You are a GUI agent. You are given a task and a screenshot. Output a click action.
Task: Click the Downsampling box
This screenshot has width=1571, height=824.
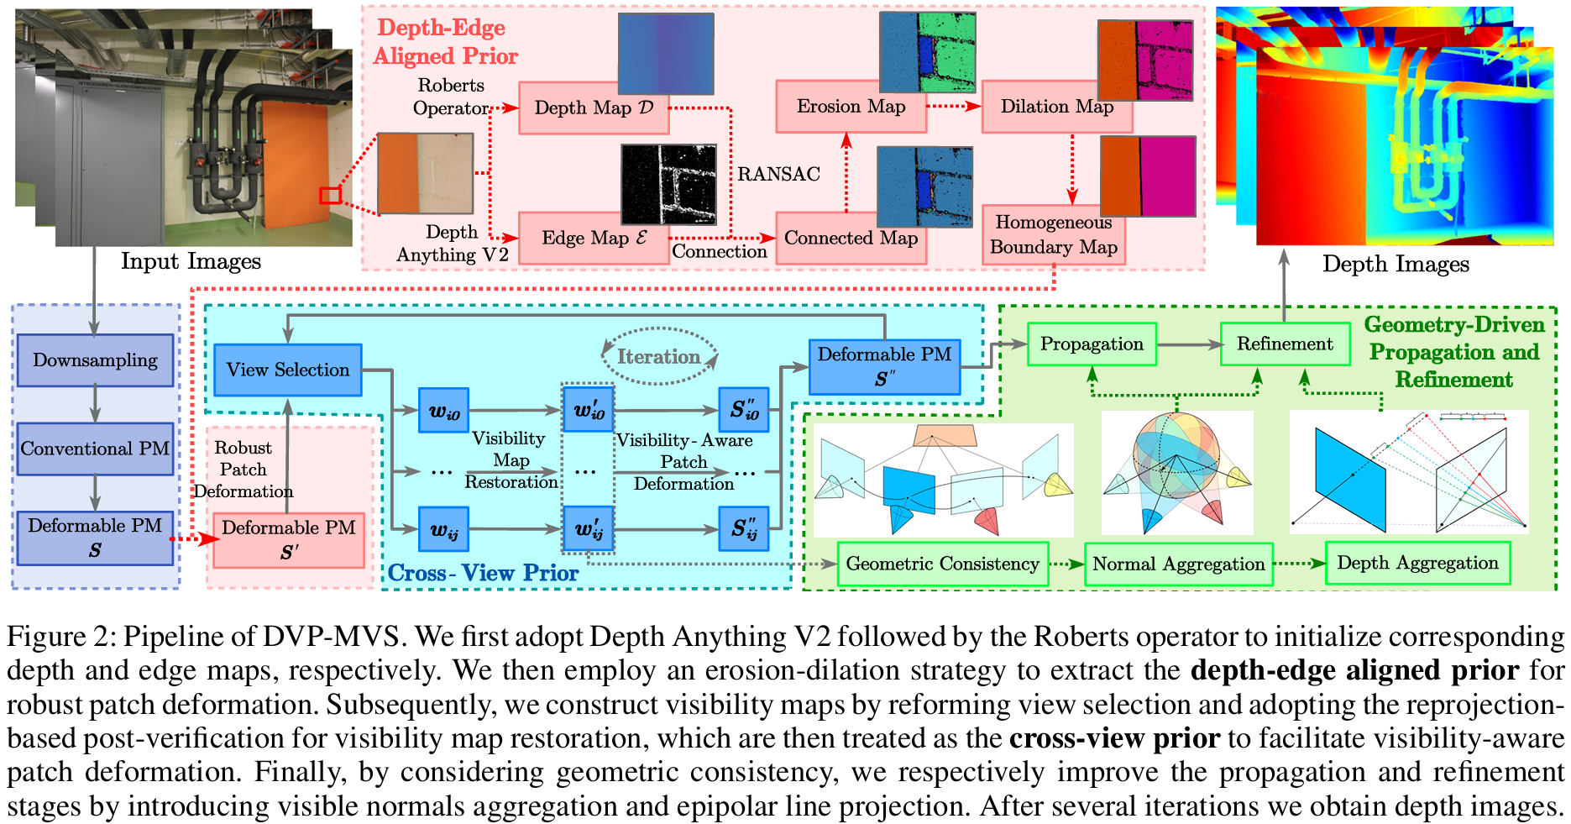[95, 360]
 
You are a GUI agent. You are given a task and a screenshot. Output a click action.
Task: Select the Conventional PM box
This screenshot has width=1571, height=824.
[95, 449]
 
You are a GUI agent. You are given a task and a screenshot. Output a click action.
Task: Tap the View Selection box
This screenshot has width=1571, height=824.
[287, 370]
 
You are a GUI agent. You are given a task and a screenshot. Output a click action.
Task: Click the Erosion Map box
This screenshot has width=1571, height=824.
[850, 107]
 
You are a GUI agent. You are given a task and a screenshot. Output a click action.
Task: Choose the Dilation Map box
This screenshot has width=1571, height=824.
[1056, 108]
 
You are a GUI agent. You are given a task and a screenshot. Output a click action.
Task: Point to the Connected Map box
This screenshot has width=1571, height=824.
[850, 239]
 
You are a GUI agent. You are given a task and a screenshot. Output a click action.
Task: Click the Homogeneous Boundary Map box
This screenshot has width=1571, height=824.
[1053, 235]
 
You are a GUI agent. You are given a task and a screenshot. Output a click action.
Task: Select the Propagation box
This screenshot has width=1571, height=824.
[1092, 344]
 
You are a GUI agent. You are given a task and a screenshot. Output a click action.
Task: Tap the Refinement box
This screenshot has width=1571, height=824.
[1285, 344]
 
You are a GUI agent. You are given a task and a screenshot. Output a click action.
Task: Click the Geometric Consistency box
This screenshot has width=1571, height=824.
[942, 564]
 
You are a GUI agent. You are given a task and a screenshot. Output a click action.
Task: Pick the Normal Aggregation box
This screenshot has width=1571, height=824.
[1178, 564]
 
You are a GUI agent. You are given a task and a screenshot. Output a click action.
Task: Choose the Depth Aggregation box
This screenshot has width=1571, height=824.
[1417, 563]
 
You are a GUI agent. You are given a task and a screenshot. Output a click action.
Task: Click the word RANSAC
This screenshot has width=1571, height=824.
[778, 174]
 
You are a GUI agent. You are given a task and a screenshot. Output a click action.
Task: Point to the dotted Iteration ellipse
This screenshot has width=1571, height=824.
[659, 356]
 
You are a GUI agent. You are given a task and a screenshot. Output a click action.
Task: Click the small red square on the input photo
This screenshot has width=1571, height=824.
[330, 196]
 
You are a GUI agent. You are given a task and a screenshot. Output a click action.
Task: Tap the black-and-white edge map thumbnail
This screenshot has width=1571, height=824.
[668, 183]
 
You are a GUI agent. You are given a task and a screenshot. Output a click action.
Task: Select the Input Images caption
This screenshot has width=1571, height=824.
[191, 261]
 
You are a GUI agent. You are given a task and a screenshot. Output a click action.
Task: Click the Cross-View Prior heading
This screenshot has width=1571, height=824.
[483, 573]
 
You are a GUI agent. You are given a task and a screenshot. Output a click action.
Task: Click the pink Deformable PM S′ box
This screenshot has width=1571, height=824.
[288, 539]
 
